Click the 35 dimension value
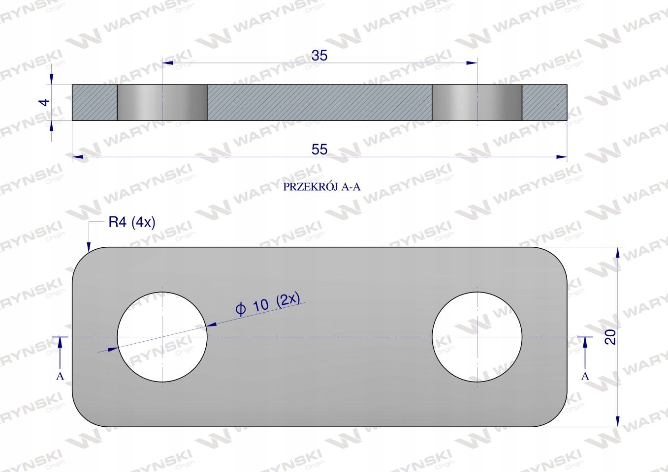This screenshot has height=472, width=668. pyautogui.click(x=319, y=56)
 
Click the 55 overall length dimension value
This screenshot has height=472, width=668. pyautogui.click(x=319, y=149)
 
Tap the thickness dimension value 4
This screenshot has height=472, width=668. pyautogui.click(x=44, y=102)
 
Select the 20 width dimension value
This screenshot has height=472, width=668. pyautogui.click(x=610, y=337)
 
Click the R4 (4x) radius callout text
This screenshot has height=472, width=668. pyautogui.click(x=132, y=222)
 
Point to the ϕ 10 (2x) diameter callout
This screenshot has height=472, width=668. pyautogui.click(x=267, y=304)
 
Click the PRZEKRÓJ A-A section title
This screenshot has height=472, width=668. pyautogui.click(x=321, y=187)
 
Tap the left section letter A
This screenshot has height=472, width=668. pyautogui.click(x=60, y=376)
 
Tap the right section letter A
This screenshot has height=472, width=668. pyautogui.click(x=585, y=376)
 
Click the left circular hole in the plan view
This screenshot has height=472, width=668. pyautogui.click(x=162, y=337)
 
